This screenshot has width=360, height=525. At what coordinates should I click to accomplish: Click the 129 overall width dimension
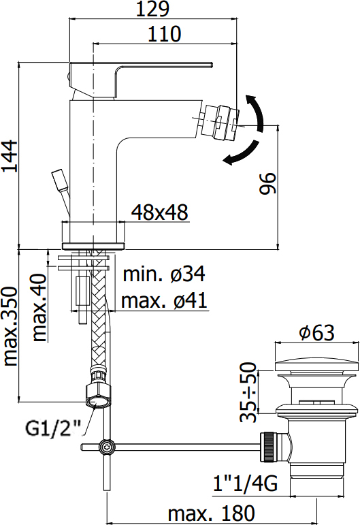click(152, 9)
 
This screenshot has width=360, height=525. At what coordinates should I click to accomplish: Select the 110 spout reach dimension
click(164, 34)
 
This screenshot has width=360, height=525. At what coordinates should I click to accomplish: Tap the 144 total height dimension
click(10, 156)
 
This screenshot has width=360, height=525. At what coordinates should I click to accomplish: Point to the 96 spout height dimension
click(267, 183)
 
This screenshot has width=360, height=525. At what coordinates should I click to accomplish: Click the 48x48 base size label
click(160, 212)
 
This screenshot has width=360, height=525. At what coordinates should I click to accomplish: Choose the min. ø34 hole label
click(164, 274)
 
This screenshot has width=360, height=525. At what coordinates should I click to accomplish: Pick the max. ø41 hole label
click(164, 300)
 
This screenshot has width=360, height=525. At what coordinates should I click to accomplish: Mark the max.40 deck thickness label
click(39, 308)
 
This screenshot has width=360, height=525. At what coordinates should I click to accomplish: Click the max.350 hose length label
click(10, 326)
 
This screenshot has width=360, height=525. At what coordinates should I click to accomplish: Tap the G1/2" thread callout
click(54, 428)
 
